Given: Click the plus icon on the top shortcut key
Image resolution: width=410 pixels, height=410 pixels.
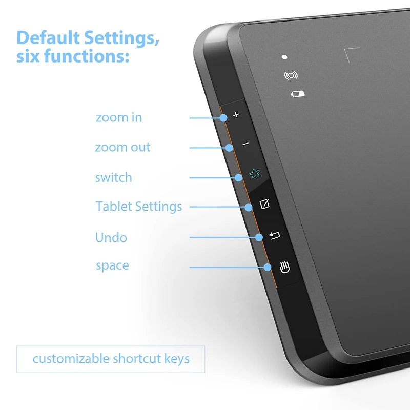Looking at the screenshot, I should (x=236, y=115).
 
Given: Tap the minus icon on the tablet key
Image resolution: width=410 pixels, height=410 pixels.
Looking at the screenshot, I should (x=245, y=144).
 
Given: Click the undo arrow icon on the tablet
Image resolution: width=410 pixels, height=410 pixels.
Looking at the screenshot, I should (x=275, y=236).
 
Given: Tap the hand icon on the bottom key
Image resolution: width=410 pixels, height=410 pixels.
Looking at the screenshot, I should (x=284, y=267).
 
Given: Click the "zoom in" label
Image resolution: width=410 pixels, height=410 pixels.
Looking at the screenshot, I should (x=119, y=117).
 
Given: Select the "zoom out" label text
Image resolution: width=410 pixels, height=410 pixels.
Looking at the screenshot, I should (x=122, y=148).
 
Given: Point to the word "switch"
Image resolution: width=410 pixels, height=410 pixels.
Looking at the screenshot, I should (x=113, y=178).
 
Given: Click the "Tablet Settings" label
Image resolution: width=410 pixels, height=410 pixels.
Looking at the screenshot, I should (x=138, y=207).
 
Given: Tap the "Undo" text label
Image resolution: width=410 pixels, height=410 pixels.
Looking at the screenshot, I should (x=111, y=237).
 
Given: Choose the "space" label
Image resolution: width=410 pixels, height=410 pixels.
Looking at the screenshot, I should (x=112, y=265).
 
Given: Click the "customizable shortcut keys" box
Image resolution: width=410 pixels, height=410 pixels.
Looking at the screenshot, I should (x=111, y=359).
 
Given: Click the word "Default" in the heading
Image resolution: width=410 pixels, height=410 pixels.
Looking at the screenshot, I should (x=48, y=37).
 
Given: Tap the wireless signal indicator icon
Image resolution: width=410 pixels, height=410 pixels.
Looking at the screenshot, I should (x=291, y=75).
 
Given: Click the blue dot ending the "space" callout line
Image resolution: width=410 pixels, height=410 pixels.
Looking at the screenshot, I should (x=267, y=266).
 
